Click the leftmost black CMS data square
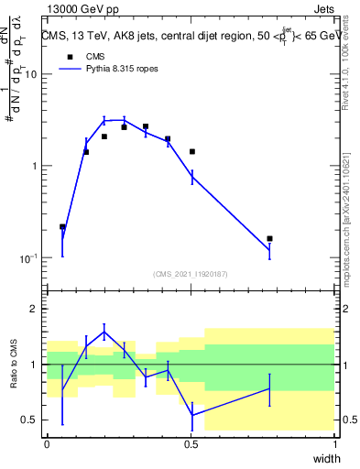62,226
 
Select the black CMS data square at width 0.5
192,151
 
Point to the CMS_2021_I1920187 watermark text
191,273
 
